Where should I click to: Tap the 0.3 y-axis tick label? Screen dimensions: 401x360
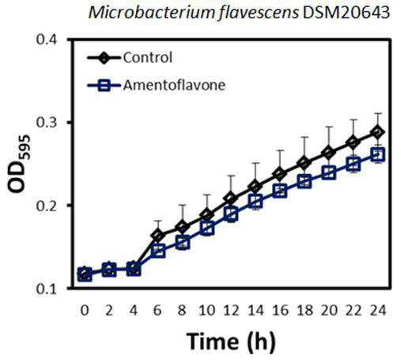click(47, 123)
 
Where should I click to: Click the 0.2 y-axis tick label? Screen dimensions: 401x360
click(47, 206)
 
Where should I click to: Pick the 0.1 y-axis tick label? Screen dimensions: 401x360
click(47, 289)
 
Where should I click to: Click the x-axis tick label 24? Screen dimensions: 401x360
click(378, 310)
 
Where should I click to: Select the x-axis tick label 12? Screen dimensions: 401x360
click(231, 310)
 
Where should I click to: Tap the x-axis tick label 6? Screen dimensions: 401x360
click(157, 310)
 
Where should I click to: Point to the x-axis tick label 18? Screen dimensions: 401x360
click(305, 310)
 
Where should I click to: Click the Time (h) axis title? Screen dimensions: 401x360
click(231, 342)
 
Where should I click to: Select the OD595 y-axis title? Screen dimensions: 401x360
click(19, 164)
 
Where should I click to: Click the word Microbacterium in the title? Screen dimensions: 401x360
click(152, 13)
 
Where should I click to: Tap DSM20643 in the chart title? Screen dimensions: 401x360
click(346, 13)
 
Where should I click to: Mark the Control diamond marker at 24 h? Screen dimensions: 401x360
click(378, 132)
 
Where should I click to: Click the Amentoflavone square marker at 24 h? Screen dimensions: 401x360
click(378, 154)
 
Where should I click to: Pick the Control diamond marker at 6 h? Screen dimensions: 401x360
click(157, 235)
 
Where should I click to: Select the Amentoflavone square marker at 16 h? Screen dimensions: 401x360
click(280, 191)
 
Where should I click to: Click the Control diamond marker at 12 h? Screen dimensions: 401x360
click(231, 199)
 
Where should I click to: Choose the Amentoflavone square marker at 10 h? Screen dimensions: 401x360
click(207, 229)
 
